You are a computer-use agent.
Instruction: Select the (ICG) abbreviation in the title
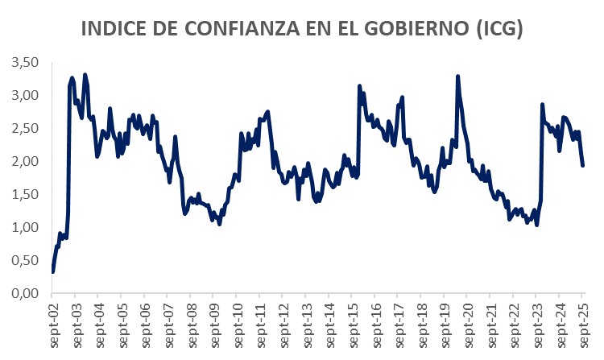click(x=500, y=29)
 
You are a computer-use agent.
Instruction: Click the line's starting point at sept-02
click(x=53, y=271)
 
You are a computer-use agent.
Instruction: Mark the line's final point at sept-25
click(x=583, y=165)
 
